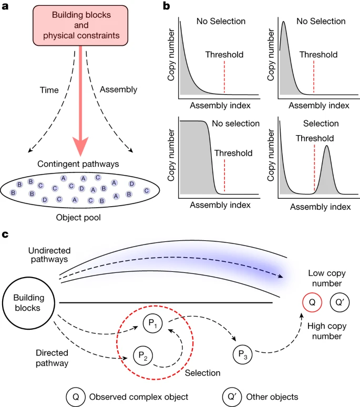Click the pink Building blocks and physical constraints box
pyautogui.click(x=80, y=25)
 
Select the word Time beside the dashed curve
pyautogui.click(x=49, y=90)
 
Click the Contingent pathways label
pyautogui.click(x=78, y=164)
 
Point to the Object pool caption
pyautogui.click(x=78, y=218)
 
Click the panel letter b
pyautogui.click(x=166, y=6)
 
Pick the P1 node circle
pyautogui.click(x=152, y=323)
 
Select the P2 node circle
pyautogui.click(x=143, y=355)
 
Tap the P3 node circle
pyautogui.click(x=242, y=354)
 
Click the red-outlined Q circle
pyautogui.click(x=312, y=302)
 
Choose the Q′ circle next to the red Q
pyautogui.click(x=340, y=302)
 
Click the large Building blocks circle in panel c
pyautogui.click(x=28, y=303)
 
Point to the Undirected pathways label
pyautogui.click(x=49, y=255)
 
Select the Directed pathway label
pyautogui.click(x=52, y=358)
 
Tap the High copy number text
pyautogui.click(x=327, y=331)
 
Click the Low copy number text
pyautogui.click(x=327, y=278)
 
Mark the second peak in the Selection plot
pyautogui.click(x=327, y=146)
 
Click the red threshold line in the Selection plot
pyautogui.click(x=314, y=168)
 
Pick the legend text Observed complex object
pyautogui.click(x=139, y=397)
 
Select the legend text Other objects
pyautogui.click(x=272, y=397)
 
